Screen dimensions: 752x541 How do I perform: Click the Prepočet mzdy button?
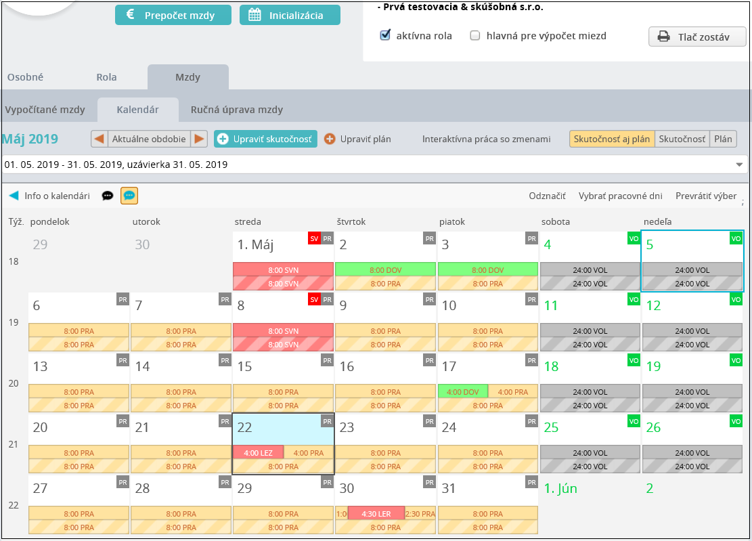(173, 15)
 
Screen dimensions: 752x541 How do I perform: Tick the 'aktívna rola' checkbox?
(385, 35)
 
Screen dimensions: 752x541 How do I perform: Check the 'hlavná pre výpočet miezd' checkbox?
(474, 35)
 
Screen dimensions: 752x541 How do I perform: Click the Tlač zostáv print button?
(697, 37)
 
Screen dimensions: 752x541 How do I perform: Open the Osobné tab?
(26, 77)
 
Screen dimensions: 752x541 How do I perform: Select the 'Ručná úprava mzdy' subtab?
(237, 110)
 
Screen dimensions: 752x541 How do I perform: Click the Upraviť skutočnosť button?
(266, 139)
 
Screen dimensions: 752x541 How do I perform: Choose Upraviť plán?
(358, 139)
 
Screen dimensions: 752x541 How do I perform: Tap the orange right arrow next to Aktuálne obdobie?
(199, 139)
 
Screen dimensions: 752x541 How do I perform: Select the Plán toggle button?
(723, 139)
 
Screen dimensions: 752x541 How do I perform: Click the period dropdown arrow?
(739, 165)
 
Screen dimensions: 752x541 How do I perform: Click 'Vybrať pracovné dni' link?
(620, 196)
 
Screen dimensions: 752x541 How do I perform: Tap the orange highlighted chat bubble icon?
(129, 196)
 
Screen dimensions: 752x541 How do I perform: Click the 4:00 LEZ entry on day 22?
(258, 453)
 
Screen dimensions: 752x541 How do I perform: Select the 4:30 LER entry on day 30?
(376, 514)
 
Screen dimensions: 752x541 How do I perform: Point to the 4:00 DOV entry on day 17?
(463, 392)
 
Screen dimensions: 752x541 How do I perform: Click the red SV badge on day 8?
(314, 300)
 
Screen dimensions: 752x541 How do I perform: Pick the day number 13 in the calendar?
(41, 366)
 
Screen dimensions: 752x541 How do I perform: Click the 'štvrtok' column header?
(351, 221)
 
